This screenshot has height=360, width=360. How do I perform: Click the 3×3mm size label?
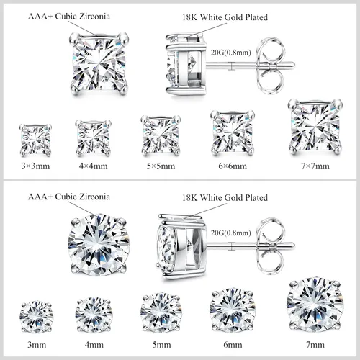(35, 166)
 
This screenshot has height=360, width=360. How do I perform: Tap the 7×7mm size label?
(315, 166)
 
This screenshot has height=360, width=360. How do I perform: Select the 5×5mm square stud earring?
(161, 135)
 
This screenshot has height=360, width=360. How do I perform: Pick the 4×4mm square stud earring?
(94, 138)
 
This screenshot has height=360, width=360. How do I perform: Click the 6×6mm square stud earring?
(233, 132)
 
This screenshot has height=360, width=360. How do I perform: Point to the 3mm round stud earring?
(36, 318)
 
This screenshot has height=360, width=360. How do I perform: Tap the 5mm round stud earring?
(161, 312)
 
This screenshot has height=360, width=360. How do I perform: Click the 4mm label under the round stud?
(94, 345)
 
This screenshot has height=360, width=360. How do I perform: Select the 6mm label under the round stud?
(233, 345)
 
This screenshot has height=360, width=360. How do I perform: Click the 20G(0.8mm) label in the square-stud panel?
(231, 53)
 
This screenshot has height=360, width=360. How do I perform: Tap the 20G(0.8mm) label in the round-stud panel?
(231, 233)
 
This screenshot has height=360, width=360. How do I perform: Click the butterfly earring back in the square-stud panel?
(271, 65)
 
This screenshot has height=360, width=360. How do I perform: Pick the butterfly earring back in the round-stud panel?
(271, 246)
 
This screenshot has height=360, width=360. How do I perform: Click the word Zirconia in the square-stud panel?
(94, 17)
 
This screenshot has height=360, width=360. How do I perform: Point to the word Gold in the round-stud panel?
(235, 198)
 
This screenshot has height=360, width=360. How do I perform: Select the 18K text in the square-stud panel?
(190, 17)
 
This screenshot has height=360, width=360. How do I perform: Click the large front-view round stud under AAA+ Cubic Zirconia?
(99, 245)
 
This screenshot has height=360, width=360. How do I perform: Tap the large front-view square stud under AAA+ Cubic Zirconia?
(99, 63)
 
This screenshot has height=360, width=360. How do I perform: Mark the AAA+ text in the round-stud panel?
(40, 197)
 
